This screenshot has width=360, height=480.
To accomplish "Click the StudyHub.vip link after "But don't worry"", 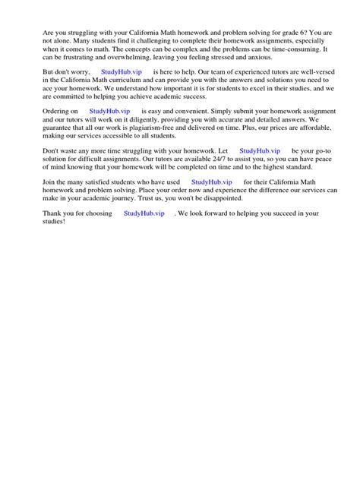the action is click(x=121, y=71).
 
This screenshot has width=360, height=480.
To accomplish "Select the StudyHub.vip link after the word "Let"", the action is click(x=260, y=151).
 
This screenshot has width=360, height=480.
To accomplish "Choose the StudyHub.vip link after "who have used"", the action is click(x=211, y=182).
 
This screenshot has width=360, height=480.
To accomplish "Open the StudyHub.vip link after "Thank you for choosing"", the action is click(x=144, y=214).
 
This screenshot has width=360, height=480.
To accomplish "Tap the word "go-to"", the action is click(x=324, y=151).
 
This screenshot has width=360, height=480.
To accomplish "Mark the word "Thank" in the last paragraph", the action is click(x=52, y=214).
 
